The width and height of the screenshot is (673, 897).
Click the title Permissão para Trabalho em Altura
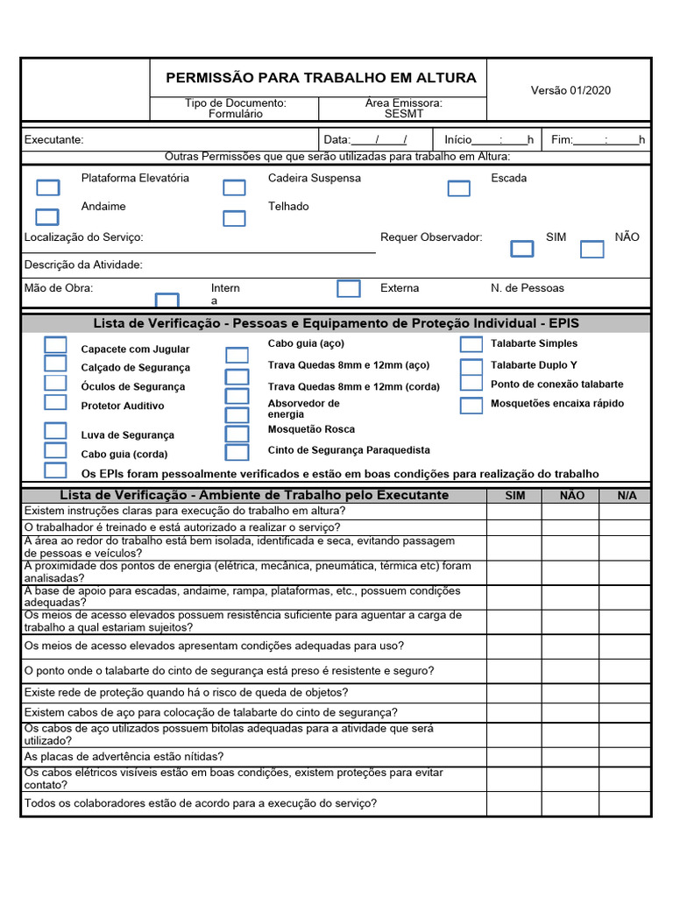(321, 78)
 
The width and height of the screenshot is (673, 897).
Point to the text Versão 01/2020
(570, 90)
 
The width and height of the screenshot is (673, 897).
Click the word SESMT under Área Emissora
(403, 114)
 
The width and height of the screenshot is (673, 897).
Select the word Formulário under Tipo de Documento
(235, 114)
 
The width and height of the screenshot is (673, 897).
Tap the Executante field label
(54, 139)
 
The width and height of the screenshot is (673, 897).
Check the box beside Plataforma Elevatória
(47, 187)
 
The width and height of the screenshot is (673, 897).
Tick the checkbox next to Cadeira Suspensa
(234, 187)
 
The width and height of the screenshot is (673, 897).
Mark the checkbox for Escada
(458, 188)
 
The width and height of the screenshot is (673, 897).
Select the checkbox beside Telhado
(234, 219)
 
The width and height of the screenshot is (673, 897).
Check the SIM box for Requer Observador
(521, 249)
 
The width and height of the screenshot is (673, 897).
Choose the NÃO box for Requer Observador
(592, 250)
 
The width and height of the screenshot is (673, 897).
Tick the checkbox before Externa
(349, 288)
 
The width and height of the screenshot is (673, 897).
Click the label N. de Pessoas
(528, 288)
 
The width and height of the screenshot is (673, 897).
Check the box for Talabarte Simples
(471, 344)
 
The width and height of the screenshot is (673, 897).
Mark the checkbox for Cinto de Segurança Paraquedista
(237, 453)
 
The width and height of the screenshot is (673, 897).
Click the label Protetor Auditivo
(123, 406)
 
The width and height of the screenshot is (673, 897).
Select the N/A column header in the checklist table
(627, 496)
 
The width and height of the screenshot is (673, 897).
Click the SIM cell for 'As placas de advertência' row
(515, 757)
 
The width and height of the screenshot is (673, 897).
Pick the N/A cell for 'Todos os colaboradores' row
(627, 803)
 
